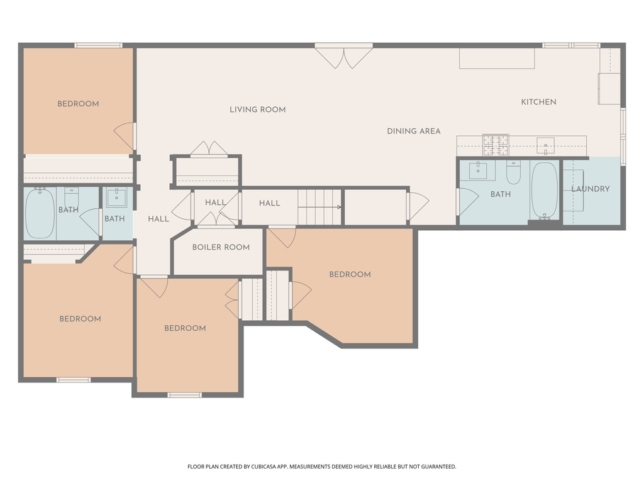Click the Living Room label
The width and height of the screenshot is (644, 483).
coord(257,109)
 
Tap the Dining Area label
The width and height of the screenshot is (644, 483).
coord(413,131)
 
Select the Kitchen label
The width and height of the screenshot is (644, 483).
coord(538,102)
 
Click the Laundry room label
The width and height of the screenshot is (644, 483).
coord(591,189)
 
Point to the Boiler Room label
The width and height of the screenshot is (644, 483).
coord(221,247)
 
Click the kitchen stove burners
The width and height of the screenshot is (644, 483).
coord(495,145)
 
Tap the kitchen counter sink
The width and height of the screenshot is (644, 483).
coord(545,145)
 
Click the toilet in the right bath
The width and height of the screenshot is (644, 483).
coord(513,172)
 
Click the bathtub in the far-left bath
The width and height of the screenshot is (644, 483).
coord(40,213)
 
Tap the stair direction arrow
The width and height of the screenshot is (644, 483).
coord(338,206)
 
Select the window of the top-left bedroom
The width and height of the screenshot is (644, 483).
coord(98,45)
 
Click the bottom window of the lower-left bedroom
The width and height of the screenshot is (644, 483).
coord(74,380)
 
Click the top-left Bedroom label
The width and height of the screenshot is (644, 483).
coord(78,104)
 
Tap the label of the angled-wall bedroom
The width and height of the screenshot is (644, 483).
coord(350,274)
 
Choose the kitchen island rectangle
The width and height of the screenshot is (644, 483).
coord(497,58)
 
